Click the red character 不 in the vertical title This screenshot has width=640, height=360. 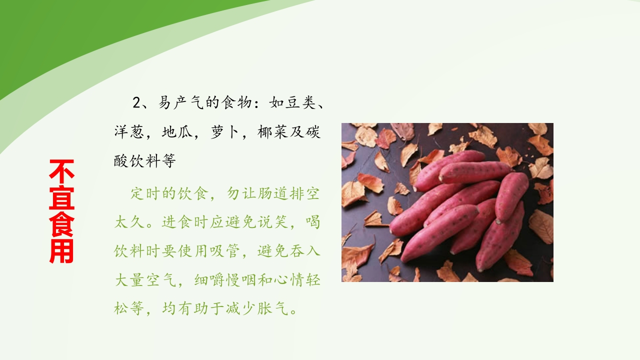click(x=62, y=171)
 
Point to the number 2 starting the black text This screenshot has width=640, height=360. click(x=137, y=103)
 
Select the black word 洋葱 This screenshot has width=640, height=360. click(x=129, y=132)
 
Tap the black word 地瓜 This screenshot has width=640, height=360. click(x=177, y=132)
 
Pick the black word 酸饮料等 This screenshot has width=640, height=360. click(x=145, y=161)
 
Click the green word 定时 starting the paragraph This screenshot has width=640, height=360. click(x=146, y=194)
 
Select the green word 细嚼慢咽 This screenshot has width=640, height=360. click(x=225, y=280)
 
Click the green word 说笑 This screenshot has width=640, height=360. click(x=273, y=222)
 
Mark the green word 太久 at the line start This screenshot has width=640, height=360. click(x=129, y=222)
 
